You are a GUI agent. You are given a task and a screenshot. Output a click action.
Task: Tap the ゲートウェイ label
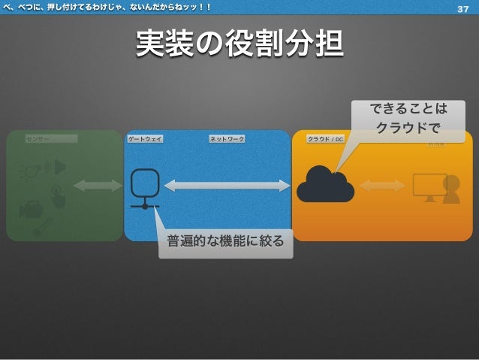[x=145, y=139]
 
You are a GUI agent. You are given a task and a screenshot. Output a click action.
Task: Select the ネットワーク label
[x=227, y=139]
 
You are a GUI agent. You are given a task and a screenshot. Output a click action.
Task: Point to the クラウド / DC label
[x=326, y=139]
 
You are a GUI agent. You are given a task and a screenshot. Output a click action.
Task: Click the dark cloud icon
[x=325, y=185]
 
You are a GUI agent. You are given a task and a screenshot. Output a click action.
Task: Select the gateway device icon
[x=145, y=188]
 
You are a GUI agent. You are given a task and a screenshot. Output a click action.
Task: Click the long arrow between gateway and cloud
[x=227, y=186]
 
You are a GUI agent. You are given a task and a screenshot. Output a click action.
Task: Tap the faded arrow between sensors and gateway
[x=98, y=186]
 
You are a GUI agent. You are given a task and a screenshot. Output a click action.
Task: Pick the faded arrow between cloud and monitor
[x=382, y=186]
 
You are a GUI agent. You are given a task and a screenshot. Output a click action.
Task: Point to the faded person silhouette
[x=451, y=189]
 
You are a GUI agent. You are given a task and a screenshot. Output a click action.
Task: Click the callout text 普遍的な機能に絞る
[x=225, y=242]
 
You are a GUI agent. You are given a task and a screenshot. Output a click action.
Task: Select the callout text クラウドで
[x=408, y=128]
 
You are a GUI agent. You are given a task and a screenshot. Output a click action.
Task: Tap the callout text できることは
[x=408, y=110]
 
